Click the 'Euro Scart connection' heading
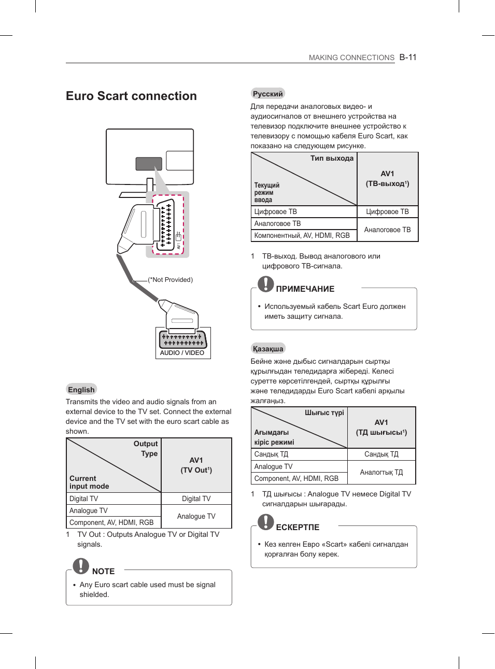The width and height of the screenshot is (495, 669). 131,96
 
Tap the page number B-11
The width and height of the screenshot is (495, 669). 408,58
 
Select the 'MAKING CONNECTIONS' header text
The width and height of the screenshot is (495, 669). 351,58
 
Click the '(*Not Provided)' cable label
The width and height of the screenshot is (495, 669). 171,280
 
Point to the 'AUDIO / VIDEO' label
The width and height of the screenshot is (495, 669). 182,353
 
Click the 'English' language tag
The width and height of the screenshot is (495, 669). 81,390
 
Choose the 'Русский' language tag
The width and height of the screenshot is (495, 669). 267,94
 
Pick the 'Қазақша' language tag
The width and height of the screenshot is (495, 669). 268,349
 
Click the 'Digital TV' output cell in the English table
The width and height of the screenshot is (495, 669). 196,499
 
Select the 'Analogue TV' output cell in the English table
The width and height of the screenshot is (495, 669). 196,516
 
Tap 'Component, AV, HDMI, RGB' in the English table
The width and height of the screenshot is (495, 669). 111,522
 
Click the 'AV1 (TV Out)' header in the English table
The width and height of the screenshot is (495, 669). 196,465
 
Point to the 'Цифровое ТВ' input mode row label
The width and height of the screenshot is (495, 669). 276,211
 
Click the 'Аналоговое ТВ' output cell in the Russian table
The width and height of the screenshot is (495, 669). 387,230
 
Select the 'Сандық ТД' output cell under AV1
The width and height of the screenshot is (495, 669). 381,454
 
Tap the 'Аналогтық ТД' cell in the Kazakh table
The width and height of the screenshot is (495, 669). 381,472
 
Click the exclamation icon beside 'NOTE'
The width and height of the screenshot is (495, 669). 81,566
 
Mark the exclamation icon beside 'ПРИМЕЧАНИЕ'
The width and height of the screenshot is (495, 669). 266,283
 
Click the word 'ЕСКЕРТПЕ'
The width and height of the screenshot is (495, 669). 298,527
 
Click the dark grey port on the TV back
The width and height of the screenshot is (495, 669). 149,164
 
